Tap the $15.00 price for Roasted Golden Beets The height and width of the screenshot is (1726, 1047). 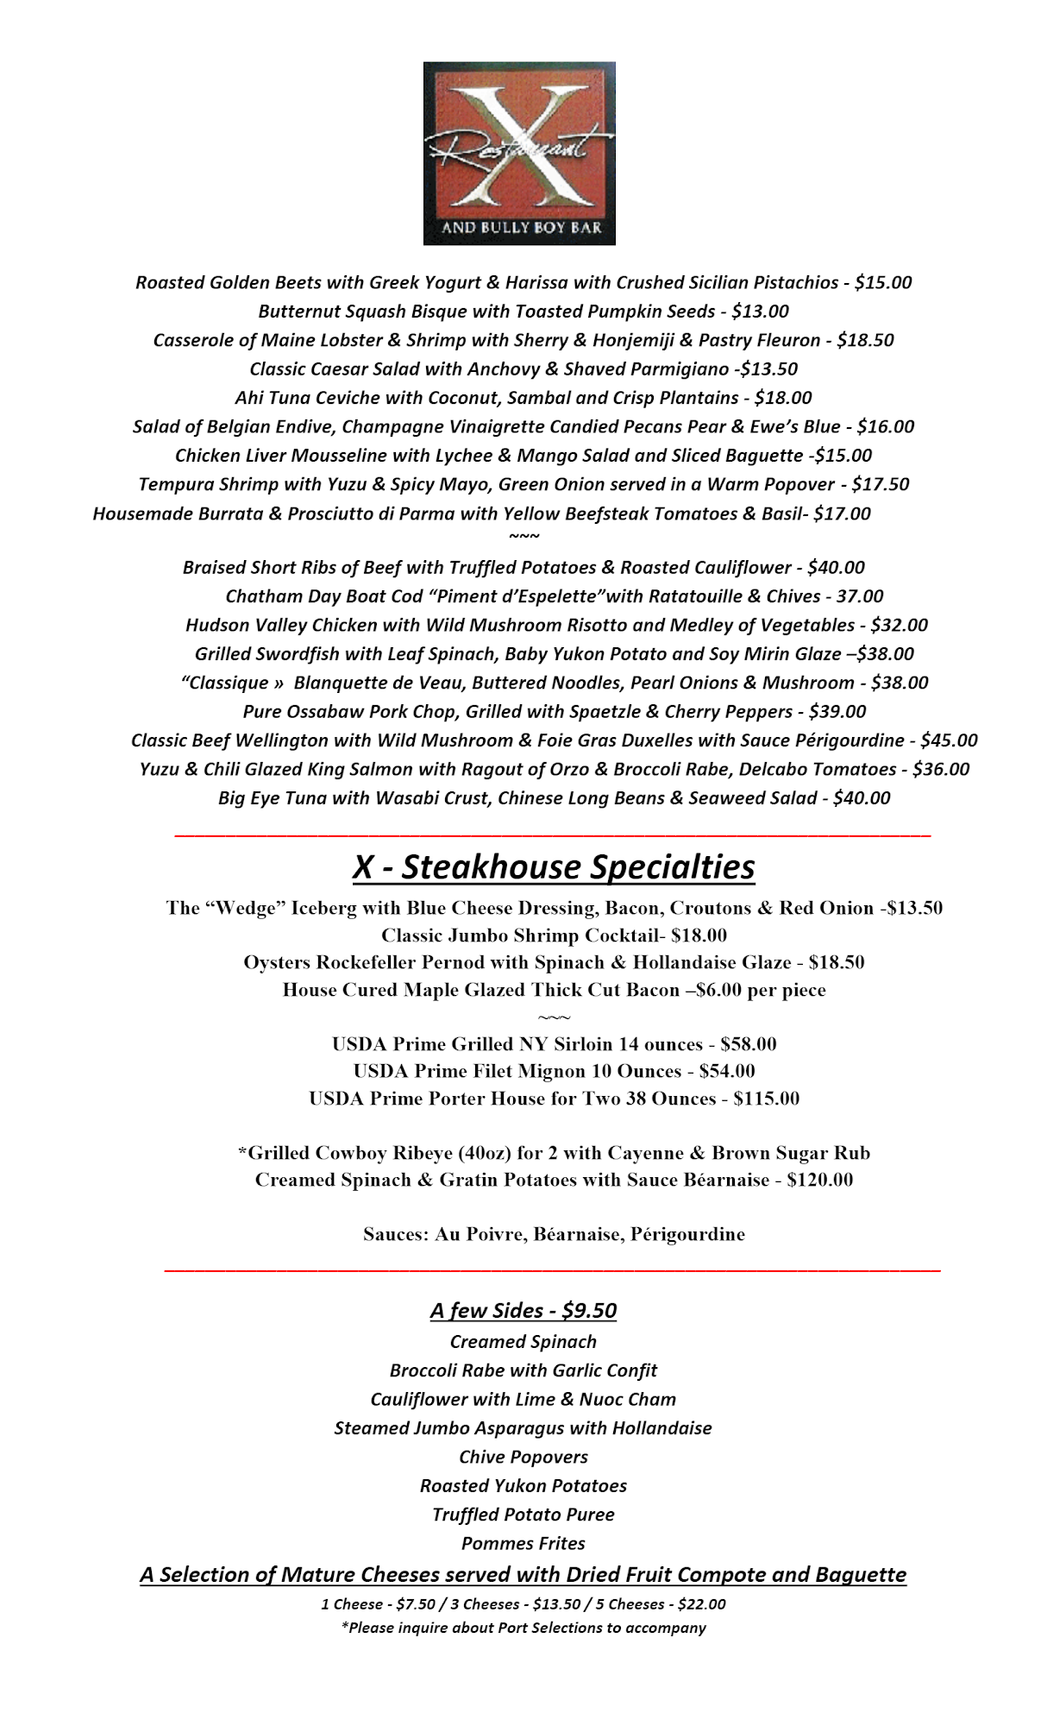point(882,283)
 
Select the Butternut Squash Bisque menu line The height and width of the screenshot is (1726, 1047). point(523,312)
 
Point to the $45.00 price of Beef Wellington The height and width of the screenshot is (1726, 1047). point(949,740)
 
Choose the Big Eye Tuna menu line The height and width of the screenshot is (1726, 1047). point(554,798)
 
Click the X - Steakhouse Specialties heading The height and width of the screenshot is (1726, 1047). point(554,867)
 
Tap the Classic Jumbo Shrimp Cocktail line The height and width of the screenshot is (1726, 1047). point(554,935)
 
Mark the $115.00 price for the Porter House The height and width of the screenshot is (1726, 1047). point(766,1099)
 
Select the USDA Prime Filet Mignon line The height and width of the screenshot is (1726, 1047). point(554,1072)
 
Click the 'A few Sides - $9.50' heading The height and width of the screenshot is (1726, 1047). point(523,1311)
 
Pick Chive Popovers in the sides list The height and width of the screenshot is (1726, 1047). point(523,1457)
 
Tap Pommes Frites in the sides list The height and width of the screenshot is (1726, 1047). point(523,1543)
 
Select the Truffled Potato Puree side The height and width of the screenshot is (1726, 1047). point(523,1515)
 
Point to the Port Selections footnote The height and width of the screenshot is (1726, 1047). point(523,1628)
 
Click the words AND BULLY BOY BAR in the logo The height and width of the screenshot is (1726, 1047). point(521,229)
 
